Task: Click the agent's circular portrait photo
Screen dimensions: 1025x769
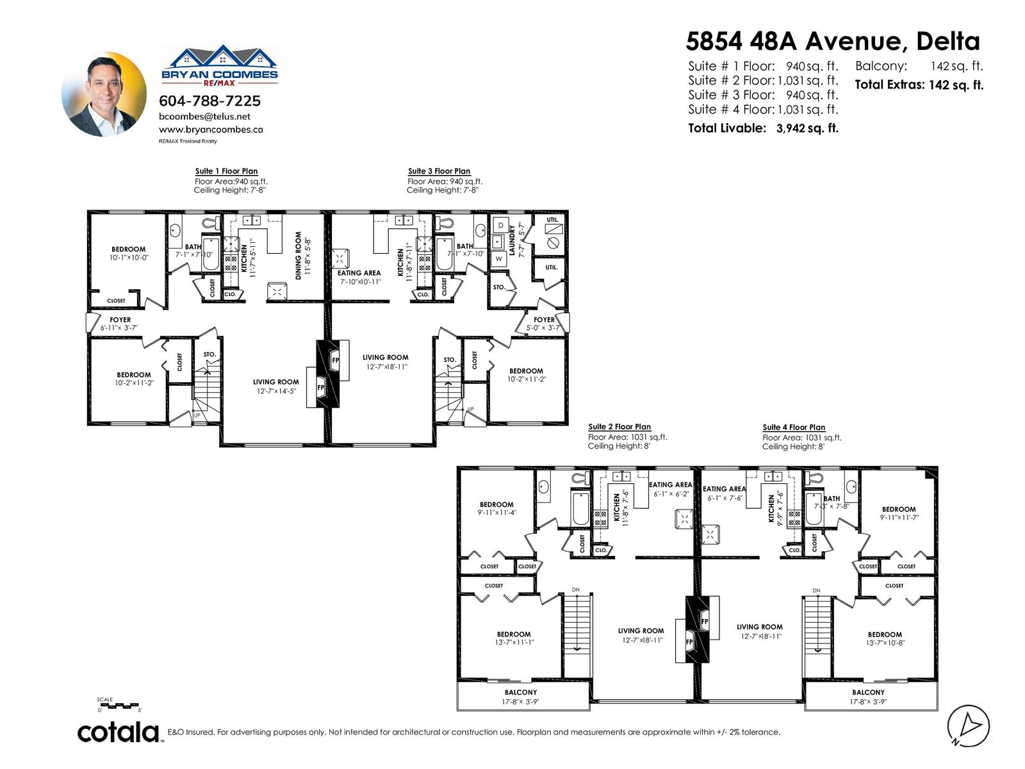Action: (x=104, y=94)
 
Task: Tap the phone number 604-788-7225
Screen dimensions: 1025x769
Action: (x=209, y=101)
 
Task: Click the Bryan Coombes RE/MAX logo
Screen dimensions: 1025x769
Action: (x=220, y=65)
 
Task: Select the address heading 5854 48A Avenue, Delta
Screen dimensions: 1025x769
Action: (x=833, y=42)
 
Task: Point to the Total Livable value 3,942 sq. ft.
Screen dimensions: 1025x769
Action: (x=807, y=128)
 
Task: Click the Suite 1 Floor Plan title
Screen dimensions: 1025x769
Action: (x=227, y=171)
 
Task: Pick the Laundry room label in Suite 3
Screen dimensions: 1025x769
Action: (x=511, y=240)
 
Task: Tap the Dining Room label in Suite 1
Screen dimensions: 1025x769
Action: (x=298, y=256)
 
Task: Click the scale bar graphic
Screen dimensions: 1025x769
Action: (x=119, y=705)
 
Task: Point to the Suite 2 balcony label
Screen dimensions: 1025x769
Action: (x=520, y=693)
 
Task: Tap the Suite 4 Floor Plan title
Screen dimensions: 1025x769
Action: (x=794, y=427)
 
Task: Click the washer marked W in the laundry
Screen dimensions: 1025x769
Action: (x=498, y=258)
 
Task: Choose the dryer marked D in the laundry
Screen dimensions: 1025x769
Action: (x=500, y=225)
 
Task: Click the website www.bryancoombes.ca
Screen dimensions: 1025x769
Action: (x=211, y=130)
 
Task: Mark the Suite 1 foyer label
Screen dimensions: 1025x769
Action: (x=120, y=320)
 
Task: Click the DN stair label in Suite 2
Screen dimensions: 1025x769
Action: (x=576, y=590)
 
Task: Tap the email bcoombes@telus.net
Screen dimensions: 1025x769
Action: (x=204, y=117)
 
